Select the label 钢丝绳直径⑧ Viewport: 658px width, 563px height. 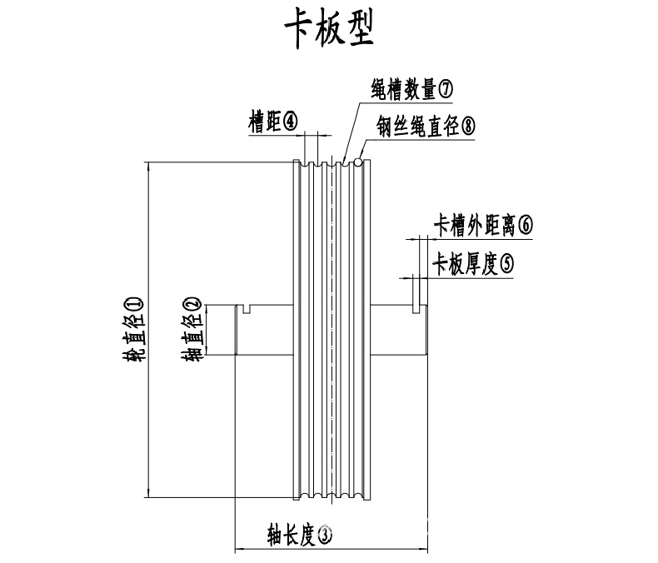point(426,127)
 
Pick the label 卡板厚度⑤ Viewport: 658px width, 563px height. point(472,264)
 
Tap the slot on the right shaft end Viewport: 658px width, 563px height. point(416,310)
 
